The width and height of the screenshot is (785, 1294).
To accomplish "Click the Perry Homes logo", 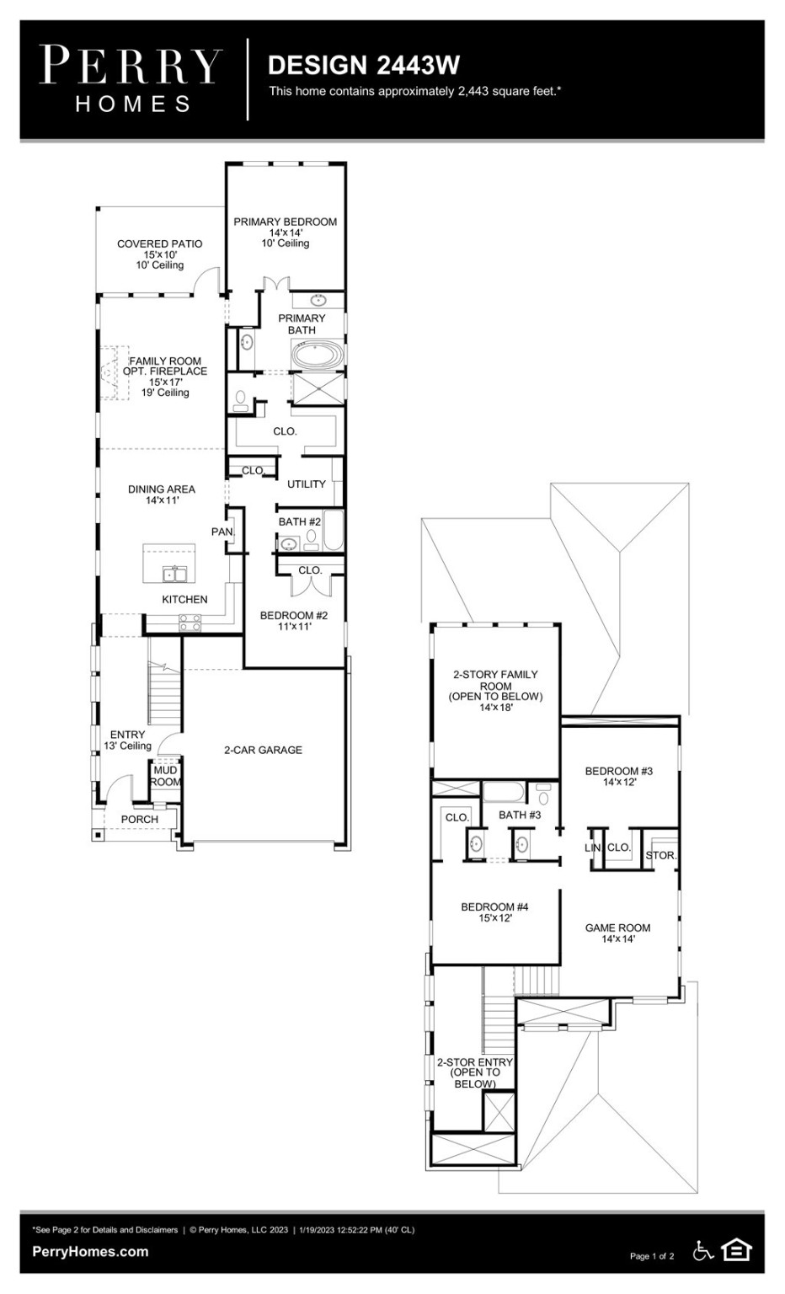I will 131,79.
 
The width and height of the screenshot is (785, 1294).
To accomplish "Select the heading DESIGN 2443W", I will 363,65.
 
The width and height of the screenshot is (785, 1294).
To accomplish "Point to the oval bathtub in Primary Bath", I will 318,356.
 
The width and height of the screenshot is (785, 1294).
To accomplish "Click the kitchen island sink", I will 175,575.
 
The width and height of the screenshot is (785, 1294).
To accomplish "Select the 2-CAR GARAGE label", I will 263,750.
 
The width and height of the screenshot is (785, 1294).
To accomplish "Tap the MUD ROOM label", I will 165,776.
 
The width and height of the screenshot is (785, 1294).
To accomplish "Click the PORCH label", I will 139,819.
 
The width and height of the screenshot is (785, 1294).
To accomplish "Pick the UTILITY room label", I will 306,484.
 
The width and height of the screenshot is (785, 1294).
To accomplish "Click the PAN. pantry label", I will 222,532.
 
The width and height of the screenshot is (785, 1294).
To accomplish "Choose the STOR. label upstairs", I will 660,855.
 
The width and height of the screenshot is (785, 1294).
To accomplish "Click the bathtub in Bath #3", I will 504,792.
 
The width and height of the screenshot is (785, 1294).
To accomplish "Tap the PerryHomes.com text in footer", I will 90,1251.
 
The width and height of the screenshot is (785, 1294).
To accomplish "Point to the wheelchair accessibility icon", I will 702,1251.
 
